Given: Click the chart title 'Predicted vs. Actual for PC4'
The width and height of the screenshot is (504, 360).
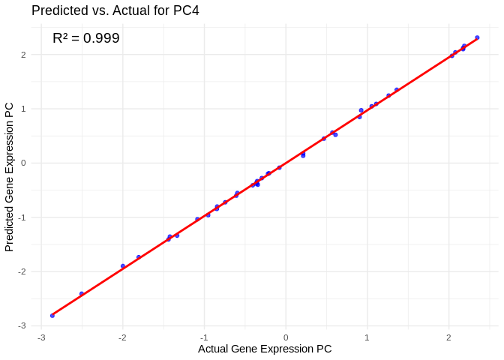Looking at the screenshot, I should click(115, 10).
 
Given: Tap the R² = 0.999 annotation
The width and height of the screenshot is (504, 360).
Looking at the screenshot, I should click(85, 37).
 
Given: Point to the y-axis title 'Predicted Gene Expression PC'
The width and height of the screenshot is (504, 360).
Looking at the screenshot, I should click(10, 177).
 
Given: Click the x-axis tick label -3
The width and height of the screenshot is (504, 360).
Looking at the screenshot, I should click(40, 337).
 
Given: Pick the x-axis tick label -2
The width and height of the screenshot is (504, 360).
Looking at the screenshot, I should click(122, 337).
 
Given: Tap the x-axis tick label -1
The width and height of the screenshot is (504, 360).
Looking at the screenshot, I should click(203, 337).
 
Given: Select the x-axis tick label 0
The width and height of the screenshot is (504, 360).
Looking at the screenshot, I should click(286, 337).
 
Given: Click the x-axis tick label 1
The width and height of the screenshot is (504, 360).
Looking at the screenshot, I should click(367, 337).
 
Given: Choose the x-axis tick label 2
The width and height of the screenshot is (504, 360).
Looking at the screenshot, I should click(448, 337).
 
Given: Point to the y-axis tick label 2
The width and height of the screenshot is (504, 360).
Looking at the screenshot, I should click(23, 55).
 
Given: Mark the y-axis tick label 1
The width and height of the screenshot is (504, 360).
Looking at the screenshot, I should click(23, 109).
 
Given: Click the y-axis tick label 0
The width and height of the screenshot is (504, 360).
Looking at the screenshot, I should click(23, 163).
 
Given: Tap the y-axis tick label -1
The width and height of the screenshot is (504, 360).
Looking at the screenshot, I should click(22, 217).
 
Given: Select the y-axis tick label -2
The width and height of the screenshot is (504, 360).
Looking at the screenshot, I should click(22, 271).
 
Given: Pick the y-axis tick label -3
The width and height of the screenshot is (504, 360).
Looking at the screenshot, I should click(22, 325).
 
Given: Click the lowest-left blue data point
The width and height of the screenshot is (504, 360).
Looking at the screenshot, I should click(52, 316).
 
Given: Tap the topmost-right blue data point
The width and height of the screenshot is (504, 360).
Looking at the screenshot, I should click(477, 37).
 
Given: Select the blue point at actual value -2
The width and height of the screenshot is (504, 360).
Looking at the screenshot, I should click(123, 266).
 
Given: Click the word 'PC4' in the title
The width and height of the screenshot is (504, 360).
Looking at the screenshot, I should click(184, 10).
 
